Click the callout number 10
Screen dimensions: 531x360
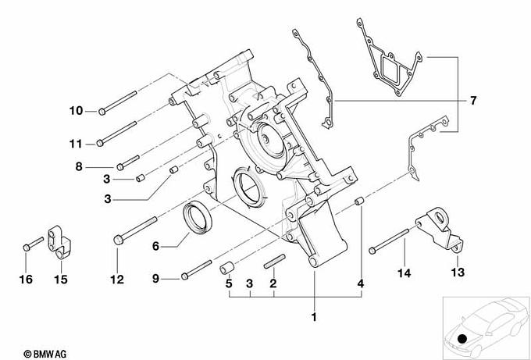76,110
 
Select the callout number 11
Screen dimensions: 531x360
76,144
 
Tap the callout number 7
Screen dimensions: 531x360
473,100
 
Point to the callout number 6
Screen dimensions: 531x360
155,246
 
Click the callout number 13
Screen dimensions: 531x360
458,272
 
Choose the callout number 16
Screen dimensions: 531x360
26,280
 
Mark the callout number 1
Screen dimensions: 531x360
314,317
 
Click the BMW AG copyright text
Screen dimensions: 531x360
45,355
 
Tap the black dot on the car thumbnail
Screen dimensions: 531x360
462,339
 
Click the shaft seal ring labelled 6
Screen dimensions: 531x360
197,217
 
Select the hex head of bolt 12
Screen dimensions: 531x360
118,240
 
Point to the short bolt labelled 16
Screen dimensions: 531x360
34,244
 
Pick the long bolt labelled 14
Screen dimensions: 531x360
389,241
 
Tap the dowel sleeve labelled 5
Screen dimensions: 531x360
226,268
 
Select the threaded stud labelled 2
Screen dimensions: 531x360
275,262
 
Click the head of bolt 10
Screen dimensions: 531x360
102,112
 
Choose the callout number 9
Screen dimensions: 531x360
155,279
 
